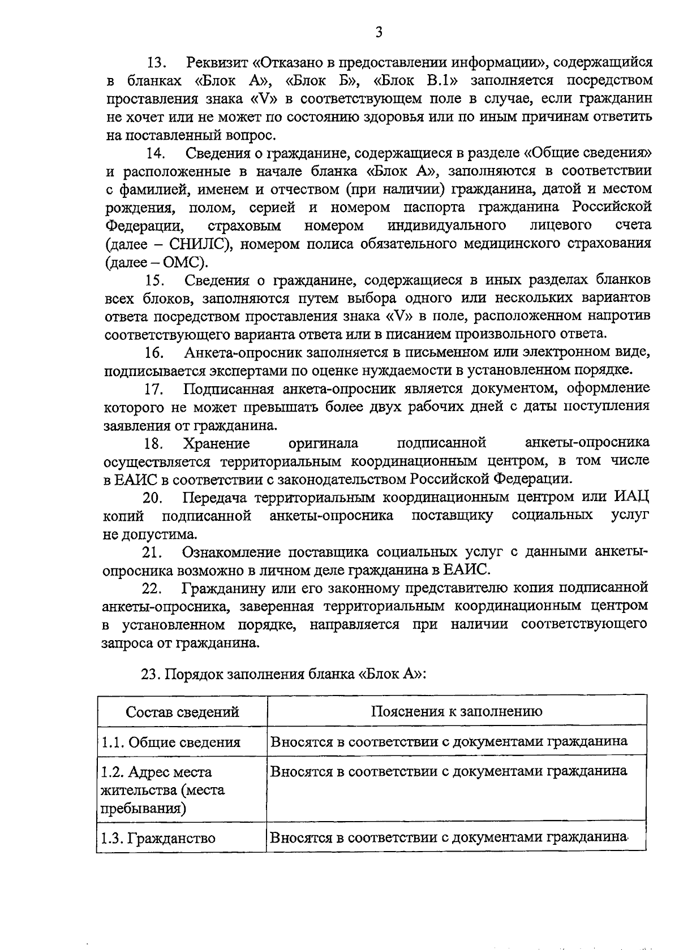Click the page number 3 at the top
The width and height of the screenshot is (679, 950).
[x=379, y=33]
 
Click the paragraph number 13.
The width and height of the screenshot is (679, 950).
[x=156, y=62]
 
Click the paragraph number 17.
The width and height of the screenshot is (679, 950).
[x=154, y=390]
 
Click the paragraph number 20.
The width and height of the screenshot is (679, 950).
[x=153, y=498]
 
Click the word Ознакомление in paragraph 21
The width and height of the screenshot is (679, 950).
[x=232, y=552]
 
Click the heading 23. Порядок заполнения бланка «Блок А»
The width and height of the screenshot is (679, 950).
[x=283, y=675]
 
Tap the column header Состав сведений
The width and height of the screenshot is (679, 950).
[x=182, y=712]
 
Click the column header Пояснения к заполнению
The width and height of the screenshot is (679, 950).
[x=457, y=711]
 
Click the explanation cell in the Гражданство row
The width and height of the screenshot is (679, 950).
[x=449, y=837]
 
